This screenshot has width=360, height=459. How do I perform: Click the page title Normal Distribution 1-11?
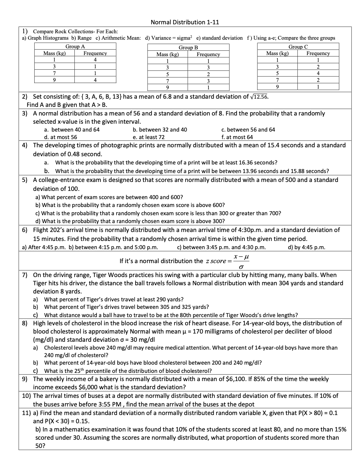click(185, 22)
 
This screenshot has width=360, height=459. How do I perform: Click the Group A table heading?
click(75, 46)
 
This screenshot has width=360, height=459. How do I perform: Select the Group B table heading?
click(188, 48)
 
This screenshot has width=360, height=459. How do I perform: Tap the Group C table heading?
click(298, 47)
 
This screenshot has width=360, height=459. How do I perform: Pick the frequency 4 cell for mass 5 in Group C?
click(318, 73)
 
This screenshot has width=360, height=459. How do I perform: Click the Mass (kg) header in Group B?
click(168, 54)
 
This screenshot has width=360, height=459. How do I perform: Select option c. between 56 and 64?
click(248, 129)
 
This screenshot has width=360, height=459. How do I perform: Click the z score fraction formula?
click(241, 261)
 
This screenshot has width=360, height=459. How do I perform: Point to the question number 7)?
click(25, 275)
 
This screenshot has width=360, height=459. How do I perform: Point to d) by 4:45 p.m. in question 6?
click(306, 247)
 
